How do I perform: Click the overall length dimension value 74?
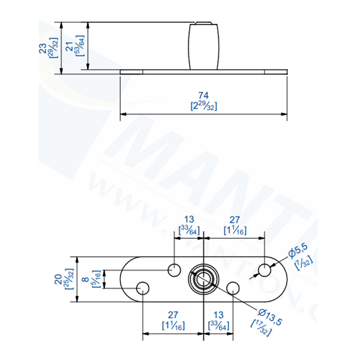(203, 95)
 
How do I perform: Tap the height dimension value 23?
(43, 48)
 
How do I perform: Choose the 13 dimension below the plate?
(218, 314)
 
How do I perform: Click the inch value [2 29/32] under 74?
(203, 106)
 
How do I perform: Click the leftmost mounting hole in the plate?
(143, 289)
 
